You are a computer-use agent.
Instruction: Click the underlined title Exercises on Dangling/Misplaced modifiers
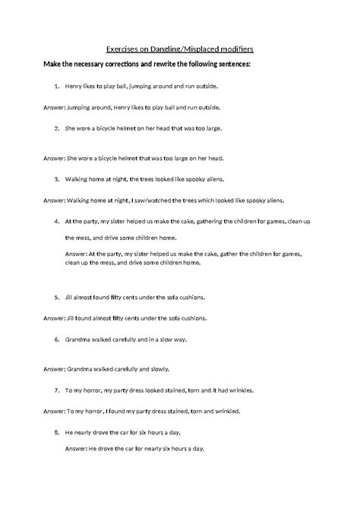pyautogui.click(x=180, y=47)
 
